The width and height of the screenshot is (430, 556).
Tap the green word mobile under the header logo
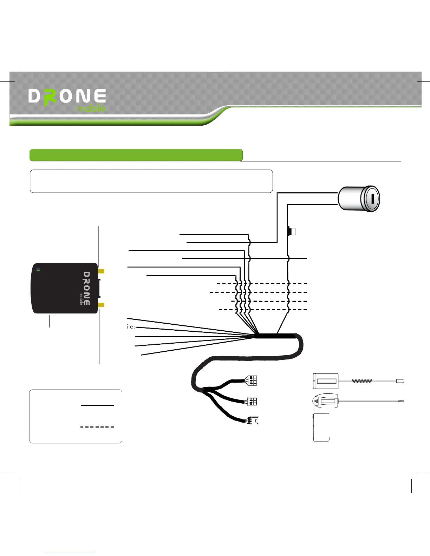point(91,108)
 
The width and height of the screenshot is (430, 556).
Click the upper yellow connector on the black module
point(101,271)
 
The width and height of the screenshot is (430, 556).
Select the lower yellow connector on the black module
point(101,305)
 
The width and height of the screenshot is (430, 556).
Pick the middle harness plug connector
point(252,401)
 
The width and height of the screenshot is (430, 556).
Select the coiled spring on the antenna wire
point(362,380)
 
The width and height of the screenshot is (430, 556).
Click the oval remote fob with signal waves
point(325,401)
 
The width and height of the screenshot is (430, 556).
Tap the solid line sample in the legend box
point(97,405)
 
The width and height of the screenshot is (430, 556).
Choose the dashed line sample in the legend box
point(97,427)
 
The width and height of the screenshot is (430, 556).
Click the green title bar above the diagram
point(136,155)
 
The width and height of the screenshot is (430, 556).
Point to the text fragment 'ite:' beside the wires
point(131,327)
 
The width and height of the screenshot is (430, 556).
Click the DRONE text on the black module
point(87,288)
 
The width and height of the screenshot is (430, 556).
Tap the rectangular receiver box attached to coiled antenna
point(325,381)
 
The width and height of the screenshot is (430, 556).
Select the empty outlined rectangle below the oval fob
point(321,427)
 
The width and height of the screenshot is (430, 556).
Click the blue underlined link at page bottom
point(70,553)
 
